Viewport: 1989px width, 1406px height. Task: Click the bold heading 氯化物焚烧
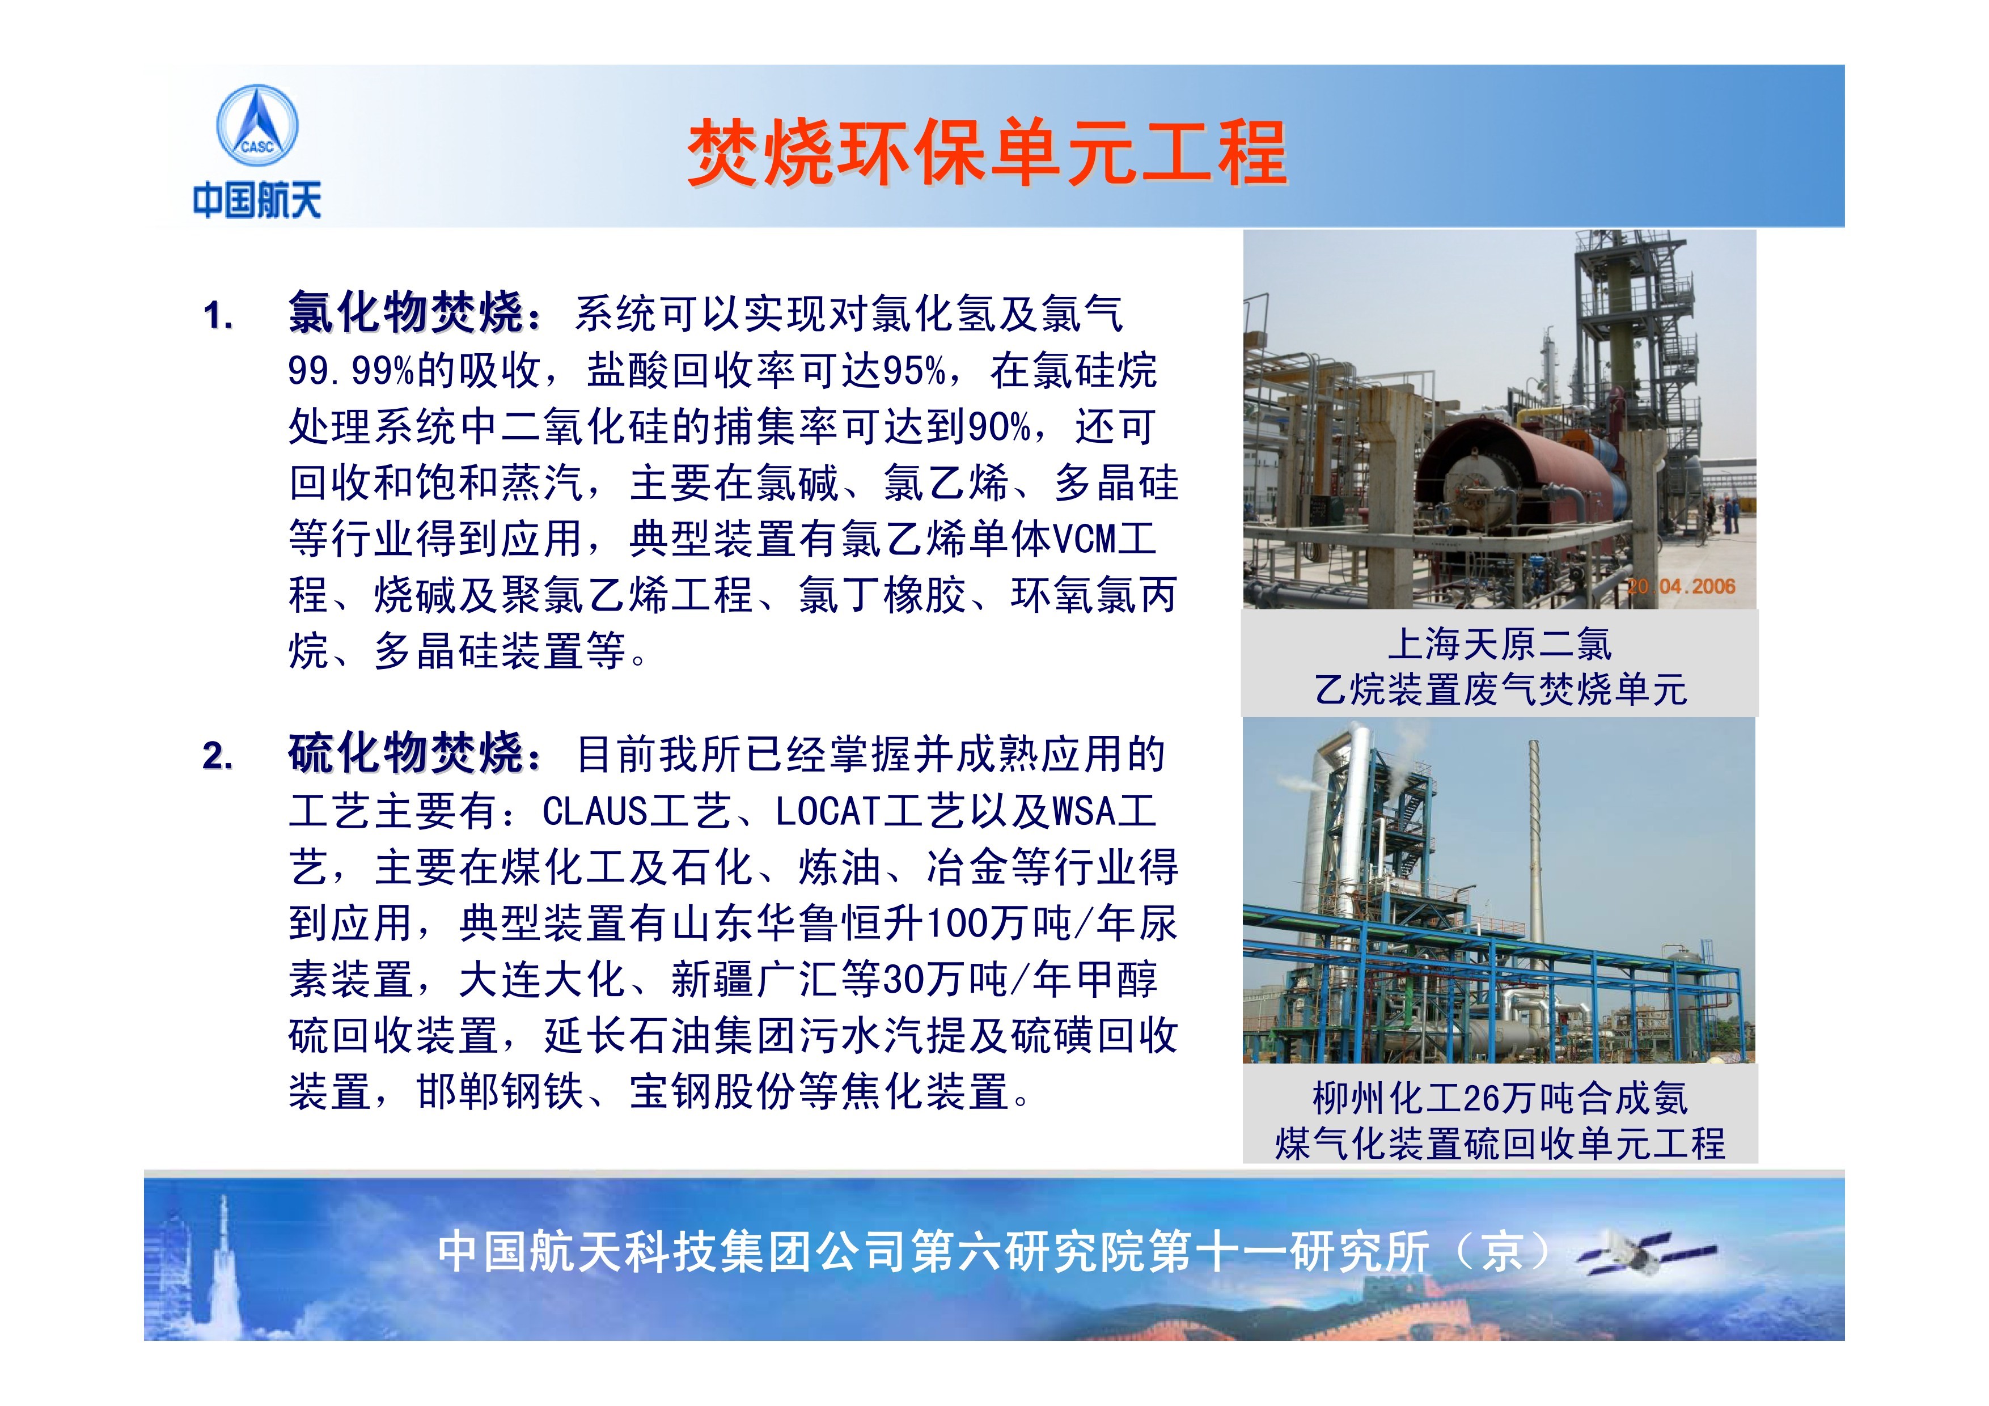pos(405,313)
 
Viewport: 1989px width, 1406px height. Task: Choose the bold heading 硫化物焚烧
pos(405,752)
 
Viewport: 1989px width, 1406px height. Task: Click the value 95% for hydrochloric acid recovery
pos(914,371)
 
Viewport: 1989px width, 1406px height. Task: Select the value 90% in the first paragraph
pos(999,427)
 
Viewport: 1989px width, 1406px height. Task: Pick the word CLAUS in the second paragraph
pos(595,812)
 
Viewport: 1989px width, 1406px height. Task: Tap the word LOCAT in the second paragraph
pos(828,812)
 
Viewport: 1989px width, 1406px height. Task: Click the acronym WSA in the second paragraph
pos(1083,812)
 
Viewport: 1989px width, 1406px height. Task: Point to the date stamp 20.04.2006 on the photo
pos(1680,586)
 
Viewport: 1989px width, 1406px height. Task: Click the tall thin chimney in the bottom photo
pos(1533,875)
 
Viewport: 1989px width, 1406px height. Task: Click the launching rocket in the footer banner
pos(223,1256)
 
